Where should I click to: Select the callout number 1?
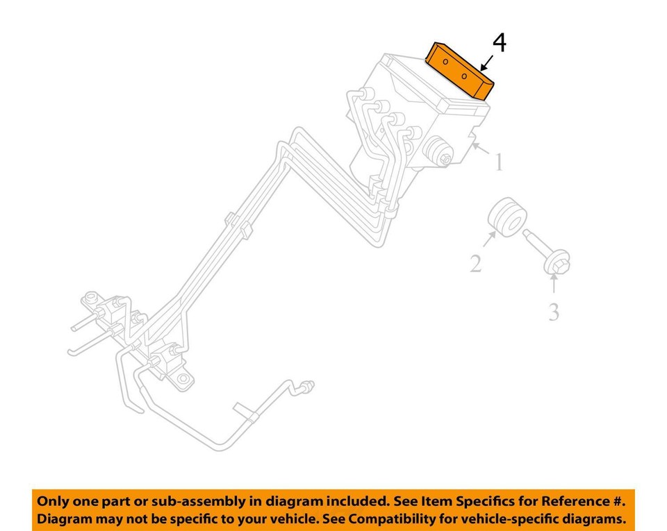point(498,162)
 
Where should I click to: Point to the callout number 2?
point(475,264)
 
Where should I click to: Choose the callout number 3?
point(553,312)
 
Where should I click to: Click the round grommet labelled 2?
point(506,217)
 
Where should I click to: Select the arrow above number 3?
point(554,285)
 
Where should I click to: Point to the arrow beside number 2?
point(490,241)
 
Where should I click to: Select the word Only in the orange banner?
point(53,500)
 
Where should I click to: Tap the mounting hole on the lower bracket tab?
point(183,379)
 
